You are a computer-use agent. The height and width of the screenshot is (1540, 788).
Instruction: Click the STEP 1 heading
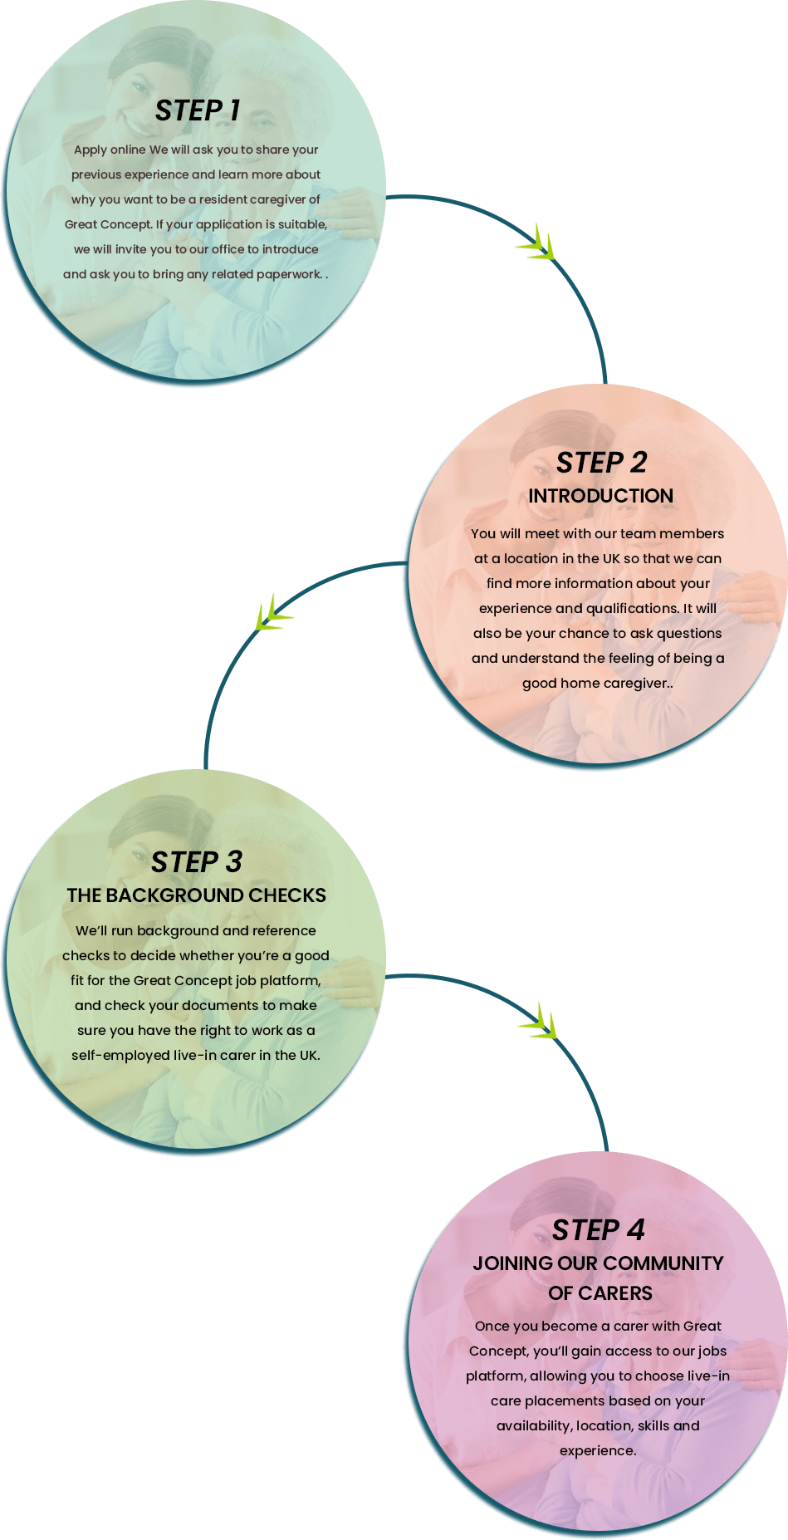click(198, 110)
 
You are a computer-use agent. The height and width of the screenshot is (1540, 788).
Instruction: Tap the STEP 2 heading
click(601, 463)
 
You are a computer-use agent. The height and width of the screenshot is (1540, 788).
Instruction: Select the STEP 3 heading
click(197, 862)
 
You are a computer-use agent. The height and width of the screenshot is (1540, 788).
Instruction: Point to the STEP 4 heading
click(598, 1230)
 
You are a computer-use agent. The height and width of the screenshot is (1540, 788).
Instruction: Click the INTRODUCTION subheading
click(600, 496)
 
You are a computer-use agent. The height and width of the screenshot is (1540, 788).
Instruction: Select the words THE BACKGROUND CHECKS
click(197, 895)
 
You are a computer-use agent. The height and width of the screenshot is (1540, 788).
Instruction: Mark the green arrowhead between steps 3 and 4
click(540, 1024)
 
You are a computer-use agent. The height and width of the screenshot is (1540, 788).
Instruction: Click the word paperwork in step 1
click(288, 274)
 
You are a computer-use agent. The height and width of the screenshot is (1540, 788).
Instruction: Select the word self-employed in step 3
click(120, 1055)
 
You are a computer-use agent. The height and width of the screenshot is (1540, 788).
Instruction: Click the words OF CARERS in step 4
click(600, 1293)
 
